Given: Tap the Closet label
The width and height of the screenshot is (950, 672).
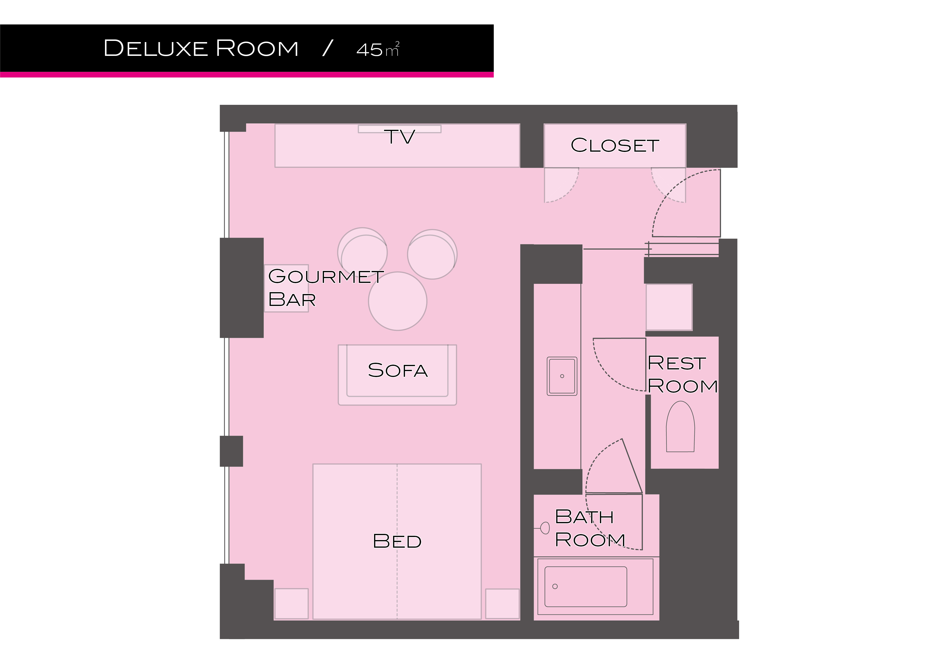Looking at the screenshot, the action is pyautogui.click(x=615, y=145).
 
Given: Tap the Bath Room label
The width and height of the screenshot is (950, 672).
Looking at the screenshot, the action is pyautogui.click(x=590, y=528).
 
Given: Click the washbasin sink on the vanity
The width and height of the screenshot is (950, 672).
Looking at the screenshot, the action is pyautogui.click(x=562, y=376).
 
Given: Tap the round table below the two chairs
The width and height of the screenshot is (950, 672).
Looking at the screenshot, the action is pyautogui.click(x=398, y=301).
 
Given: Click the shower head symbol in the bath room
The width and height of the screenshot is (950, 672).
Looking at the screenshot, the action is pyautogui.click(x=544, y=528).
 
